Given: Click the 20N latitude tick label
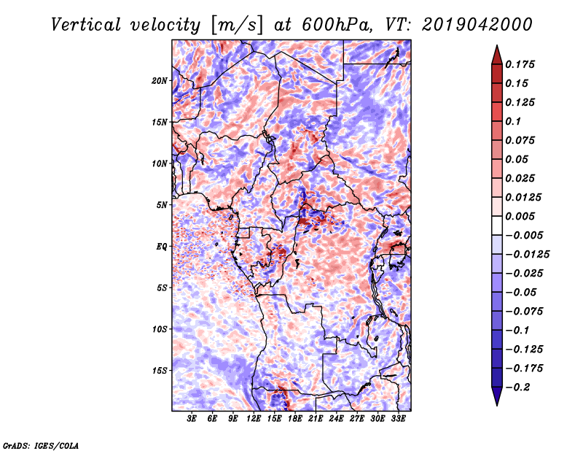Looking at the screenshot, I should pos(160,80).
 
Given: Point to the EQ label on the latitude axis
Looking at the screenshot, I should pos(162,246).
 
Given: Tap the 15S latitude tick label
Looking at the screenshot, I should pos(160,370).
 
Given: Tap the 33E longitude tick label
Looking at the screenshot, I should pos(398,420).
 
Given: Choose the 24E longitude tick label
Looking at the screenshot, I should pos(336,420).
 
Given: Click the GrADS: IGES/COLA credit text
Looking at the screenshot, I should pos(40,444).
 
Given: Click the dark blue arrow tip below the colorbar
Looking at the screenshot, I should pos(496,401).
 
